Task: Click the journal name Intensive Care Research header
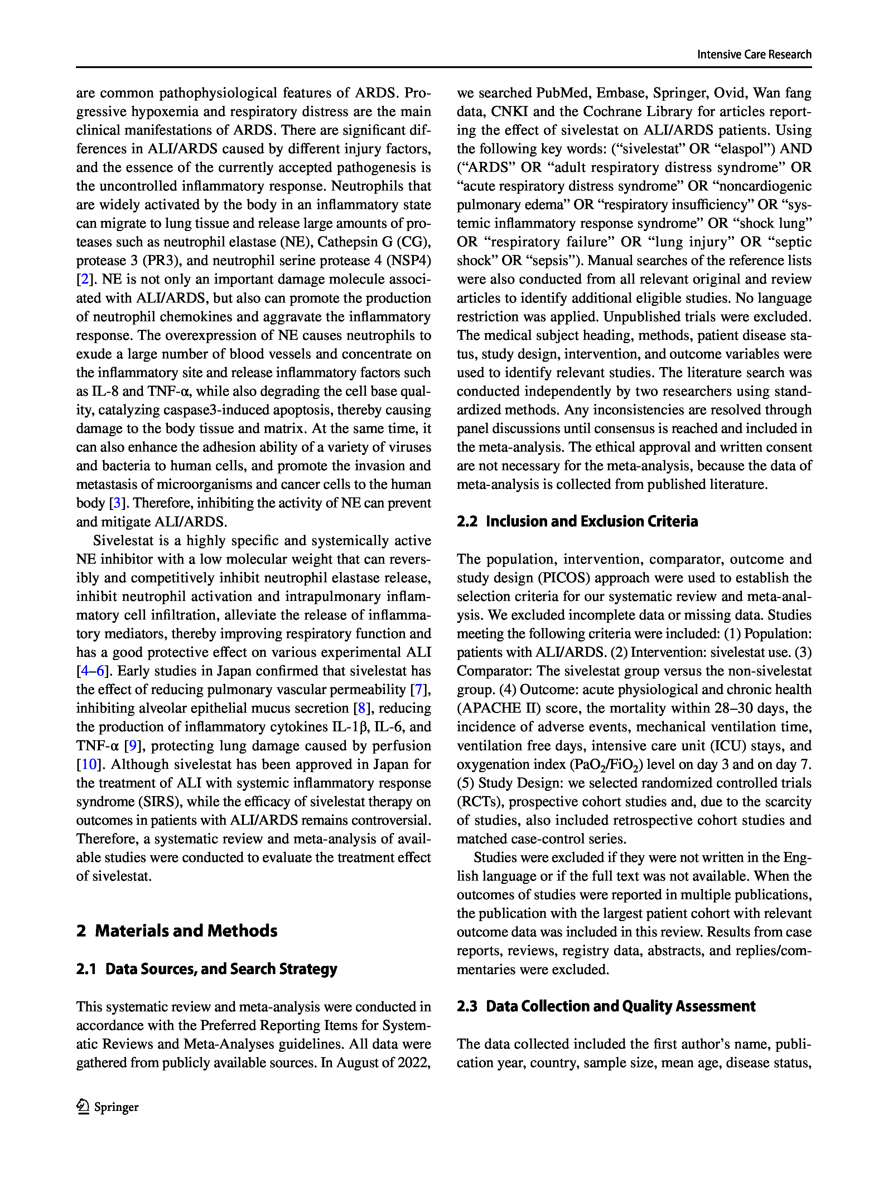(754, 54)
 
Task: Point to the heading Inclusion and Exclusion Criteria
(577, 521)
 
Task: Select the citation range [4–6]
(92, 671)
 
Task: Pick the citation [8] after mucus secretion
(362, 708)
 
